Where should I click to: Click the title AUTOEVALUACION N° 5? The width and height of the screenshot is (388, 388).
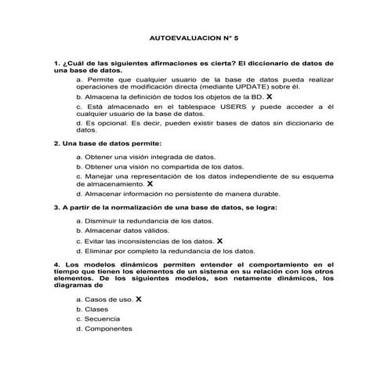193,37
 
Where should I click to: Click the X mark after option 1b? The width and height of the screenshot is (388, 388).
270,96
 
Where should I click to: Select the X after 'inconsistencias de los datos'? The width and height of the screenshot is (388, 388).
220,241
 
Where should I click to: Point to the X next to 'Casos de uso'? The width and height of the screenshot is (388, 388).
139,299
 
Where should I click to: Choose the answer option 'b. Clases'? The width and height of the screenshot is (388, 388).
92,309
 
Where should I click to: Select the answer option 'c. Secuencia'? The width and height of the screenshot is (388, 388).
98,319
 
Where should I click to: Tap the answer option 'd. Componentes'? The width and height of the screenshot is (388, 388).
104,329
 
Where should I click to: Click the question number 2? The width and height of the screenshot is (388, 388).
56,144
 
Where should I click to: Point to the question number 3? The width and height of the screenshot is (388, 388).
56,208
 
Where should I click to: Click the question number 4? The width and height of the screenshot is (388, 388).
56,265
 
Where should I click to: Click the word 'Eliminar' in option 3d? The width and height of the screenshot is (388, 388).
103,252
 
